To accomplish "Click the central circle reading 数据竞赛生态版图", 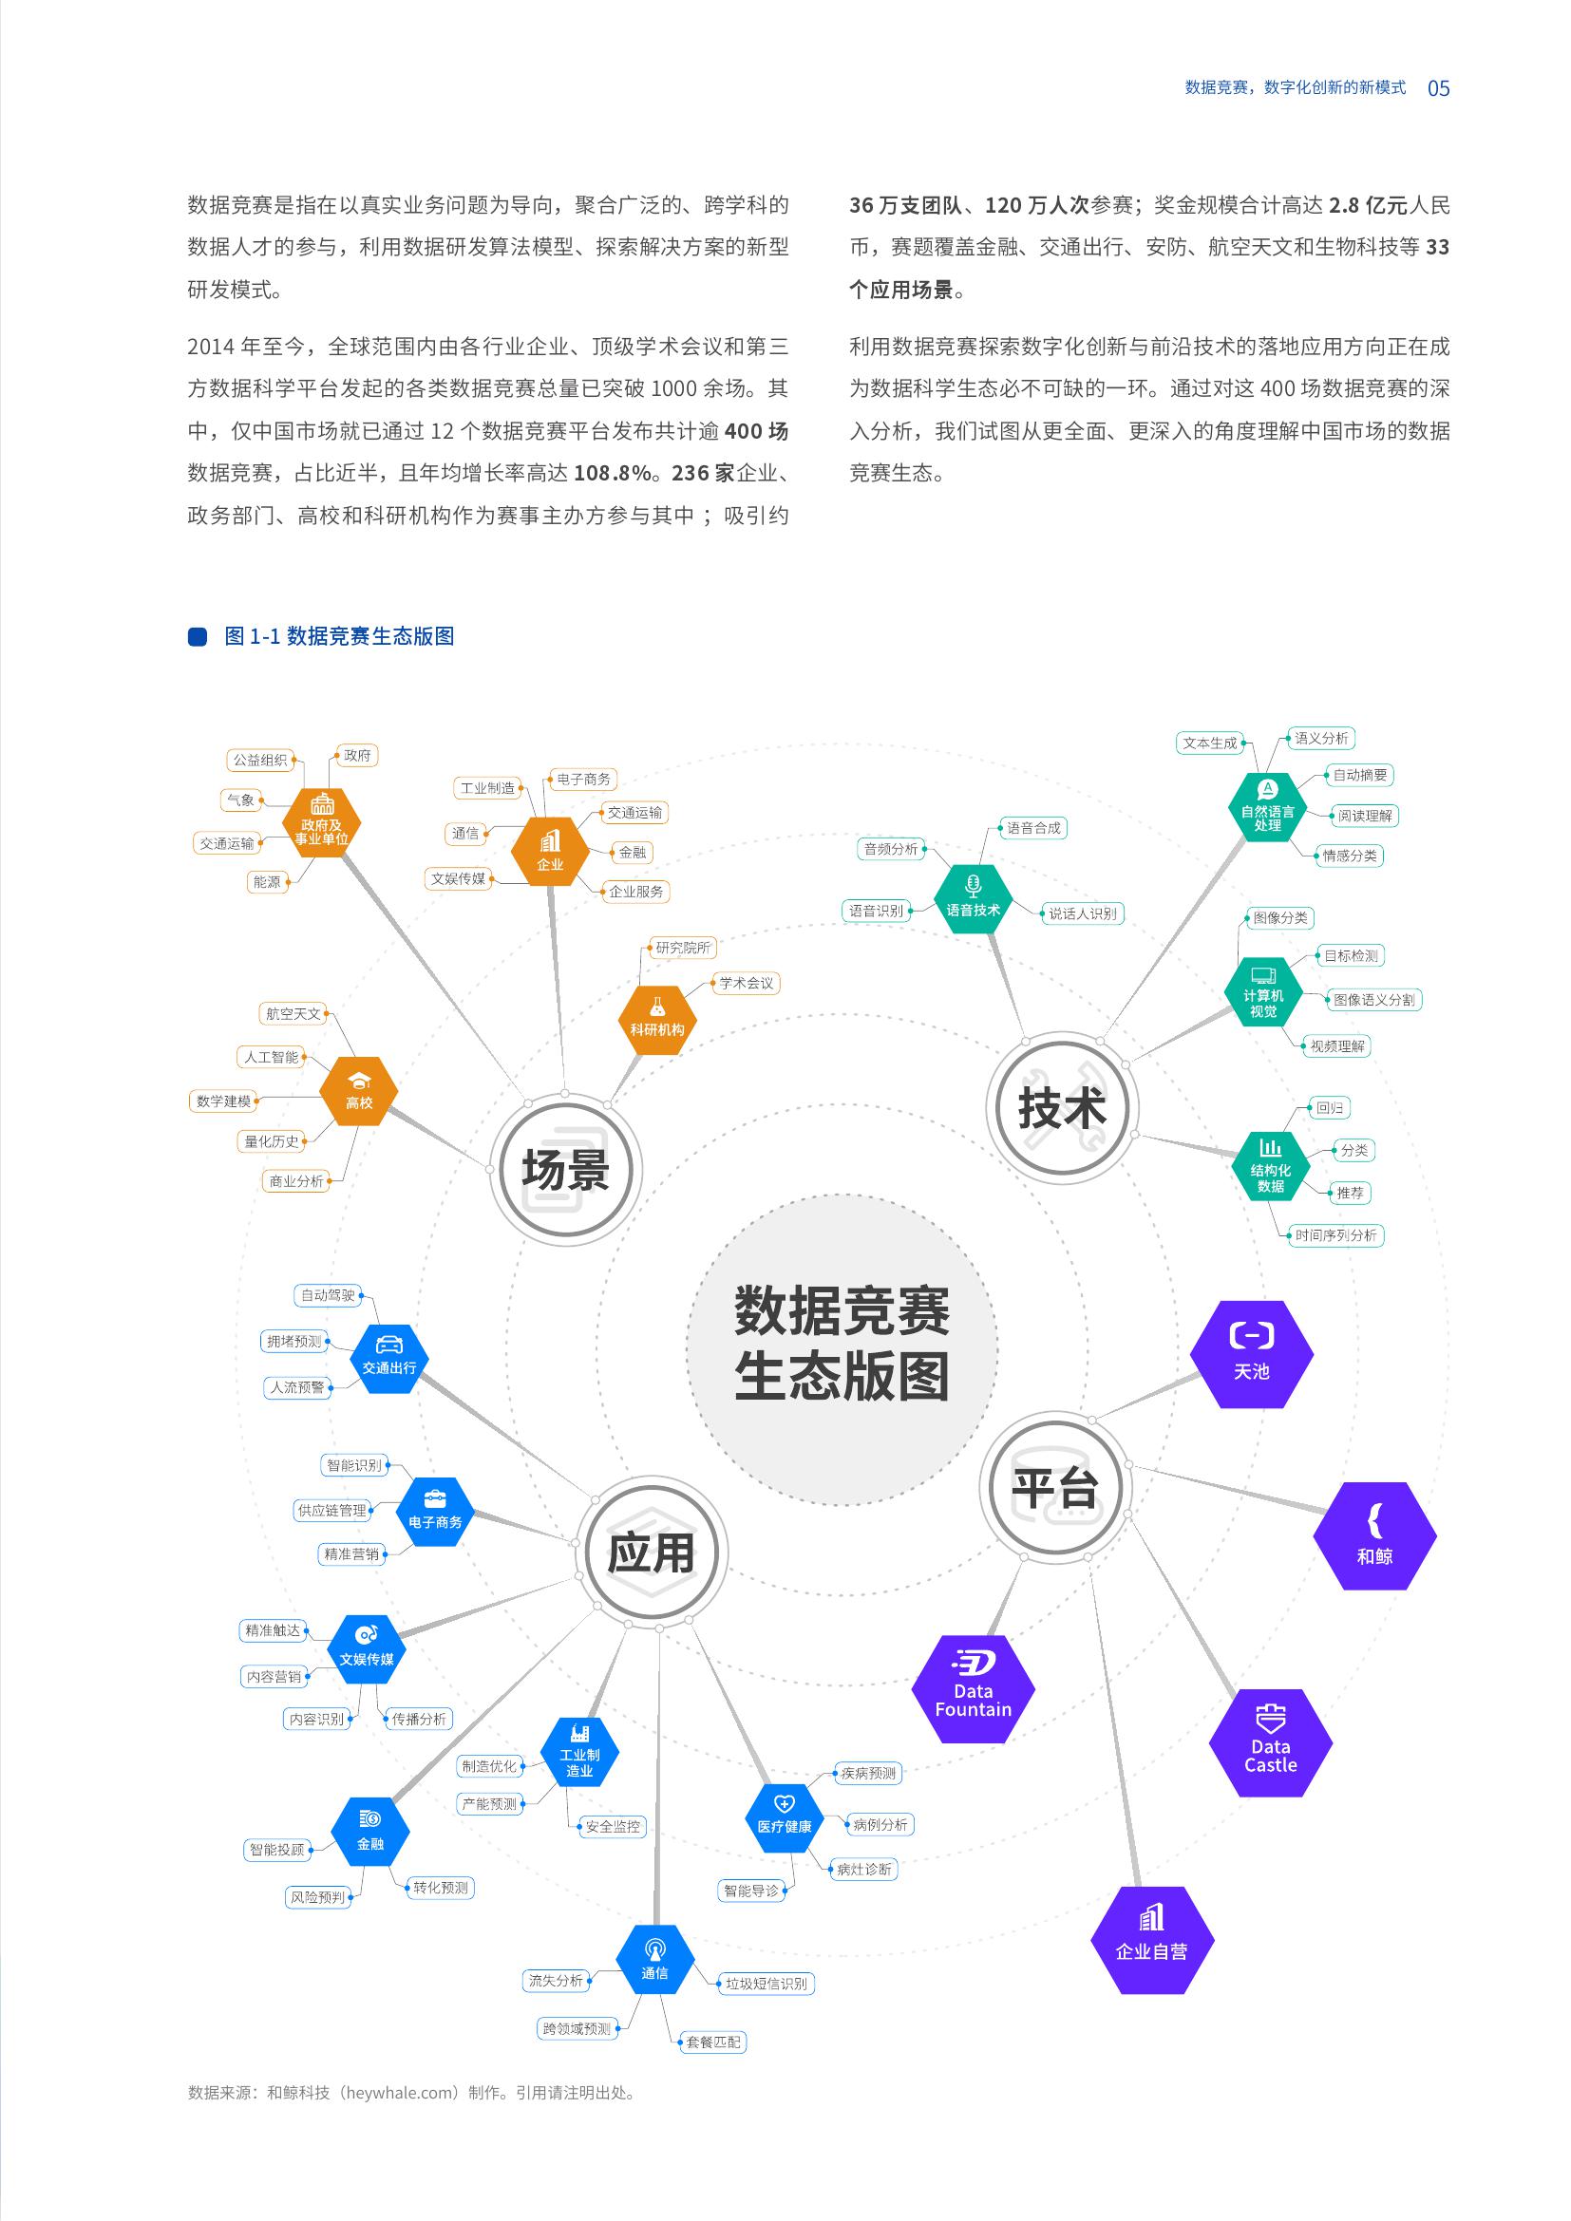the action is (842, 1348).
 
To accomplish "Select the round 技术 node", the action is (1062, 1106).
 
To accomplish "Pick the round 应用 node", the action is (651, 1553).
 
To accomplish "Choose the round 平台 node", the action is (1055, 1486).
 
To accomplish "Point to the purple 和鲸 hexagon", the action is (1374, 1536).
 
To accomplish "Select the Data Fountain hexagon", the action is (974, 1689).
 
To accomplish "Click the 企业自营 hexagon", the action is (1151, 1941).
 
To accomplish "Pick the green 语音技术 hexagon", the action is (974, 898).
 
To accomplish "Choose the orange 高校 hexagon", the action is (359, 1091).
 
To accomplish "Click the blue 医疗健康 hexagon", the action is (785, 1817).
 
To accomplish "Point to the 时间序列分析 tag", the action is (1336, 1235).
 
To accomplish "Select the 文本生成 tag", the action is (1210, 743).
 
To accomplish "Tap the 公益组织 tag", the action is (261, 761).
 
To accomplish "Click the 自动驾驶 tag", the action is (328, 1295).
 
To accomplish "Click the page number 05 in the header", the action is (1438, 88).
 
